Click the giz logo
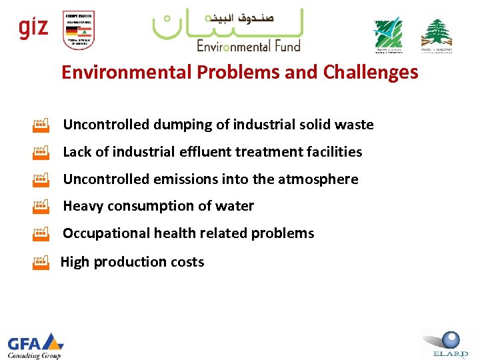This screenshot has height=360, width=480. point(33,29)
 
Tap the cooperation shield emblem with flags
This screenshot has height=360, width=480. point(78,30)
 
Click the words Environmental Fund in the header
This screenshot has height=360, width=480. point(248,46)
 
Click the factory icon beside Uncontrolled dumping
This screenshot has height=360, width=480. point(41,125)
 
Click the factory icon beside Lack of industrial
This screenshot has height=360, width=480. point(41,152)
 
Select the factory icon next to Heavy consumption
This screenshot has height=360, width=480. point(41,207)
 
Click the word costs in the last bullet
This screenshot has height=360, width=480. point(187,262)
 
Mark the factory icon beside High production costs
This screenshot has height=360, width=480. point(41,262)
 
